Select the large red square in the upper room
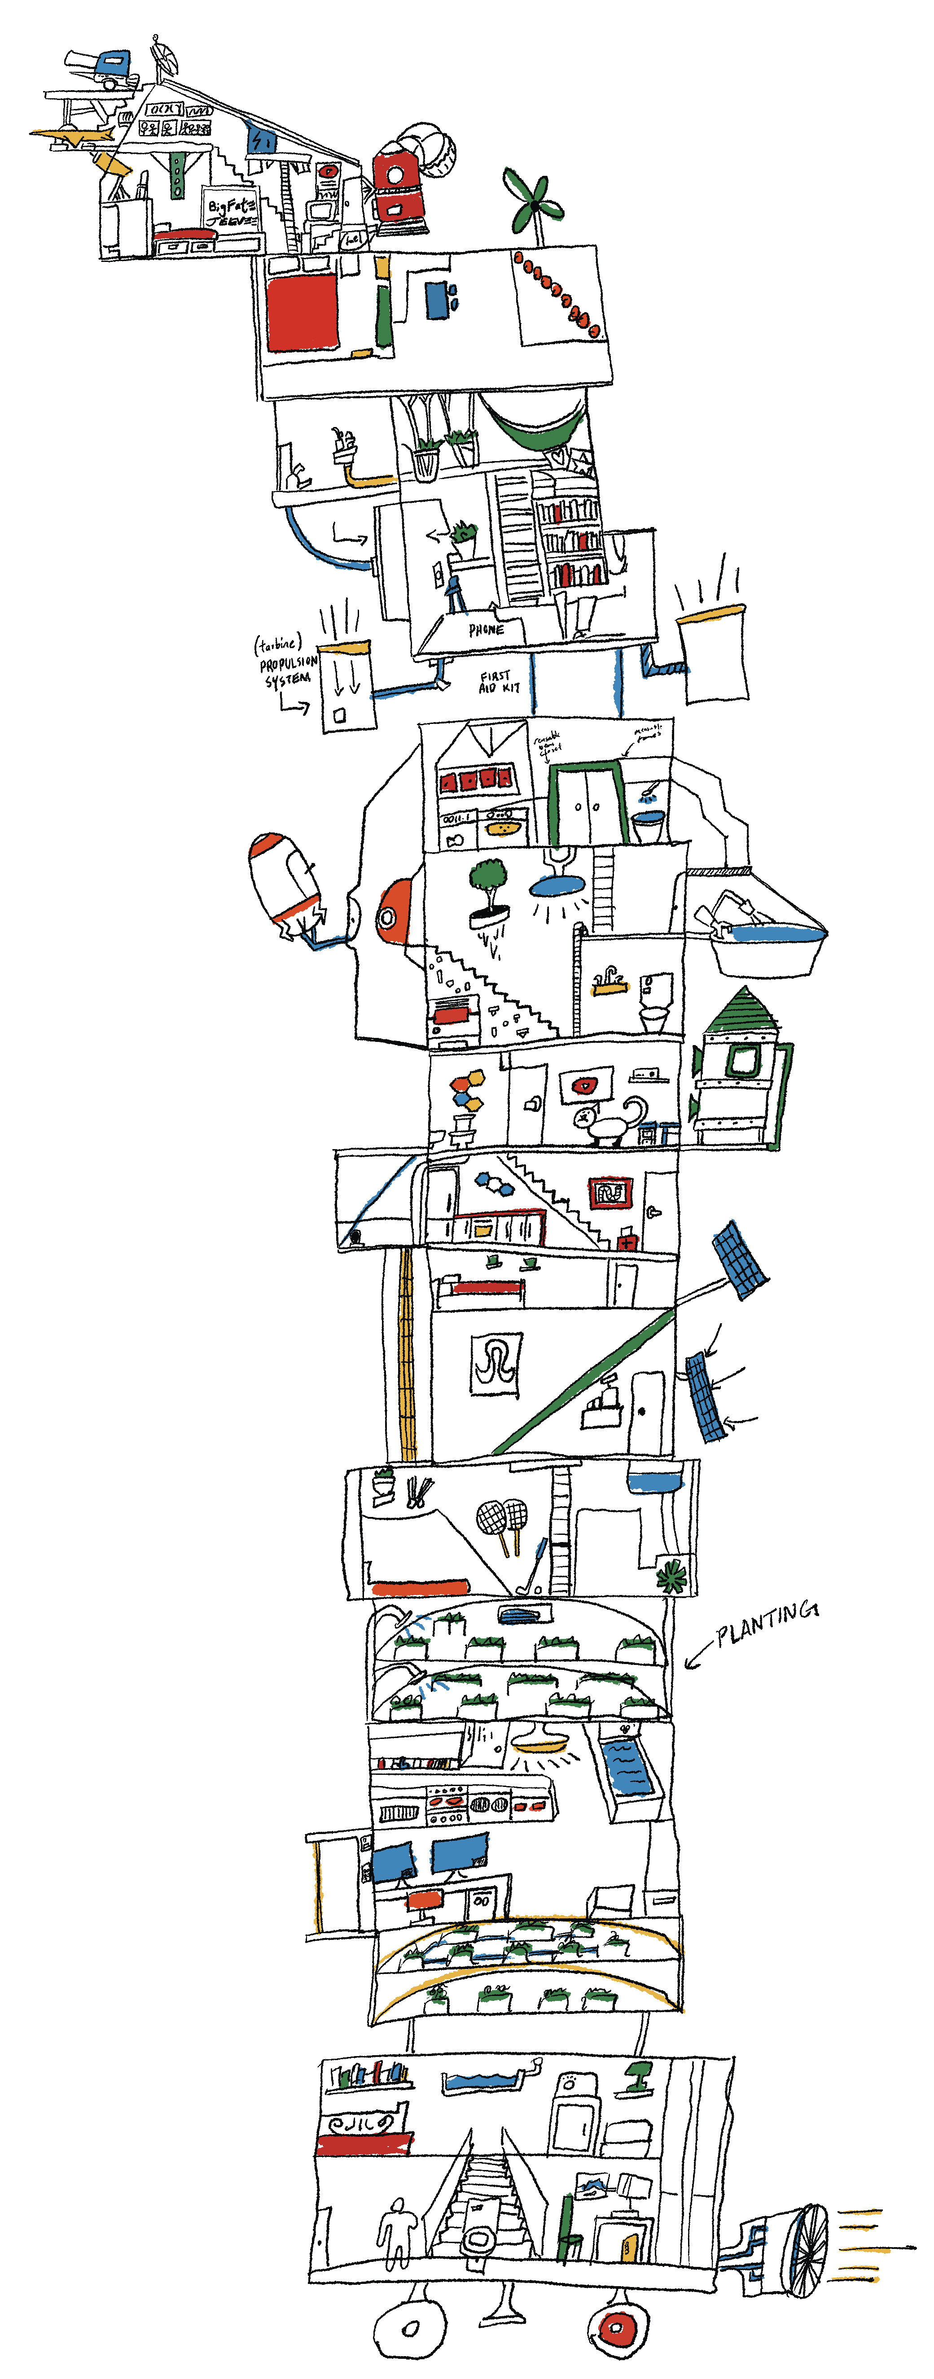tap(301, 314)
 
